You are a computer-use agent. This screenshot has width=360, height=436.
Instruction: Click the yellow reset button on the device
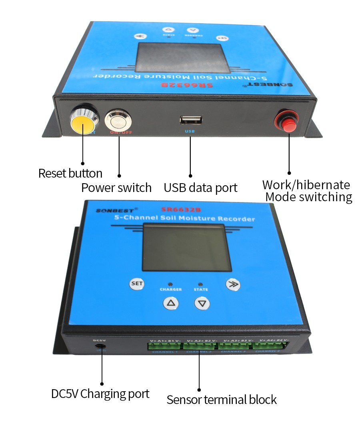82,124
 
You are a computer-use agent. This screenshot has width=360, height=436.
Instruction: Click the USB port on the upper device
191,121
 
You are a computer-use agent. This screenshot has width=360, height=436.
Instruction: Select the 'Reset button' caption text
70,173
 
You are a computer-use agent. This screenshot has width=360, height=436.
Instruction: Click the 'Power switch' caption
116,188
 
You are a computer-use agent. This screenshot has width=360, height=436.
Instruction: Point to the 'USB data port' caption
200,188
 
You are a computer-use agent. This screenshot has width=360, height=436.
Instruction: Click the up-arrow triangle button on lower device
171,303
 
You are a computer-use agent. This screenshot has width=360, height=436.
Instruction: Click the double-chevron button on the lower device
232,284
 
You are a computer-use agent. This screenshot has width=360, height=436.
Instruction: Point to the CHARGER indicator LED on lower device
171,282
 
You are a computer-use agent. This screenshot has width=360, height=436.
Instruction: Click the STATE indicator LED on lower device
200,282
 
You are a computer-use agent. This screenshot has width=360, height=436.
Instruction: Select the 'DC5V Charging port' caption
100,394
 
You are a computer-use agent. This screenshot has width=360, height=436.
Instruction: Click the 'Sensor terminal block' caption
221,400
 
